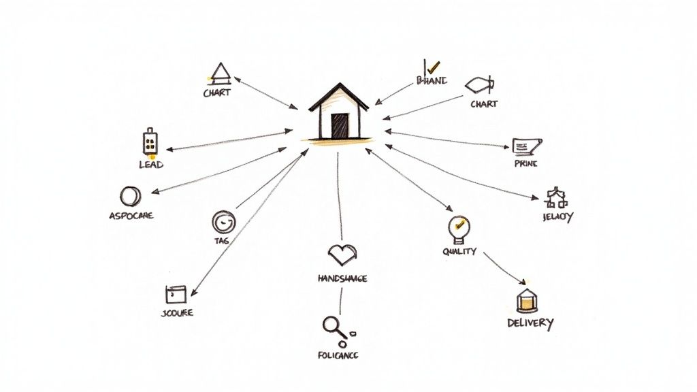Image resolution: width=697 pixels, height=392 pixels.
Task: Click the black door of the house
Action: [340, 125]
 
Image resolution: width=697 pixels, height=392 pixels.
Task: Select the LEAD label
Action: [151, 165]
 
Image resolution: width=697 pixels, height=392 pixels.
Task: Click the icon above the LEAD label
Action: [150, 142]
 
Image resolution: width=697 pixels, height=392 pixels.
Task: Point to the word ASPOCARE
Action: [131, 216]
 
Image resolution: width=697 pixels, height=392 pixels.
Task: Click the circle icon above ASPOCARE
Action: [129, 197]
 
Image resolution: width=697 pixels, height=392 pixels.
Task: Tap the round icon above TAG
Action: [223, 221]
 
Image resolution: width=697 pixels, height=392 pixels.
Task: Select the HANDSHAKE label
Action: [342, 278]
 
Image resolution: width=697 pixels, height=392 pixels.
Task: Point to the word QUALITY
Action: [459, 251]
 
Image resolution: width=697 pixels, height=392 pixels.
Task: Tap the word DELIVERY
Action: [530, 323]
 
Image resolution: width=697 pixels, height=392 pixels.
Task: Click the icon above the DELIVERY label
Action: [527, 299]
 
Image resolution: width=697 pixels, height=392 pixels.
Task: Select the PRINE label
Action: [526, 164]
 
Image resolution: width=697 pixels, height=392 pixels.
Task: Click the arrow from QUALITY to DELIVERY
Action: [505, 267]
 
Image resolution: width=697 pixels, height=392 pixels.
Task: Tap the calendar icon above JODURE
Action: [176, 294]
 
